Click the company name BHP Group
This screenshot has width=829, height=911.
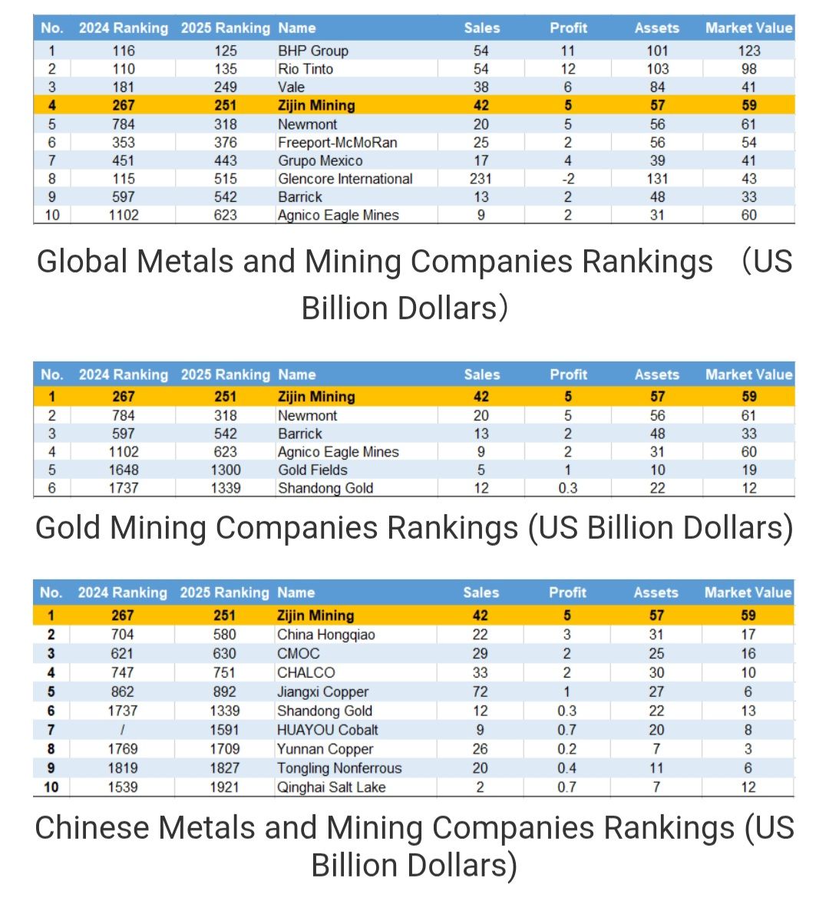click(313, 51)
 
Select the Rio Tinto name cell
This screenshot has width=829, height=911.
click(306, 69)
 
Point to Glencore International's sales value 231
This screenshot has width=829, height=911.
click(481, 179)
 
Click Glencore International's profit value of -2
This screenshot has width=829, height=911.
click(568, 179)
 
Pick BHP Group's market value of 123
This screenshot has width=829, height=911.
click(749, 51)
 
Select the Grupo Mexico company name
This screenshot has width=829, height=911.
click(320, 161)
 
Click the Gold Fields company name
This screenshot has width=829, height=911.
click(312, 470)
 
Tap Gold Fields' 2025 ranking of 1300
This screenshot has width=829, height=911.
click(225, 470)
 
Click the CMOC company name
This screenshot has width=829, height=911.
click(299, 654)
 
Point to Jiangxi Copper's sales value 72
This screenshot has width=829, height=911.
click(481, 692)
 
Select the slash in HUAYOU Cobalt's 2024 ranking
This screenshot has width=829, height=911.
click(123, 730)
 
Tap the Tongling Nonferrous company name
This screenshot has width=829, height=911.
click(339, 768)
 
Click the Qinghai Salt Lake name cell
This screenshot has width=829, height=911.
click(332, 787)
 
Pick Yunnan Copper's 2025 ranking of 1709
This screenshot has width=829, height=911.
click(224, 749)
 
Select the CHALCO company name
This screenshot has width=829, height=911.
click(306, 672)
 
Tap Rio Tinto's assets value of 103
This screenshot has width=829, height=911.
click(657, 69)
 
